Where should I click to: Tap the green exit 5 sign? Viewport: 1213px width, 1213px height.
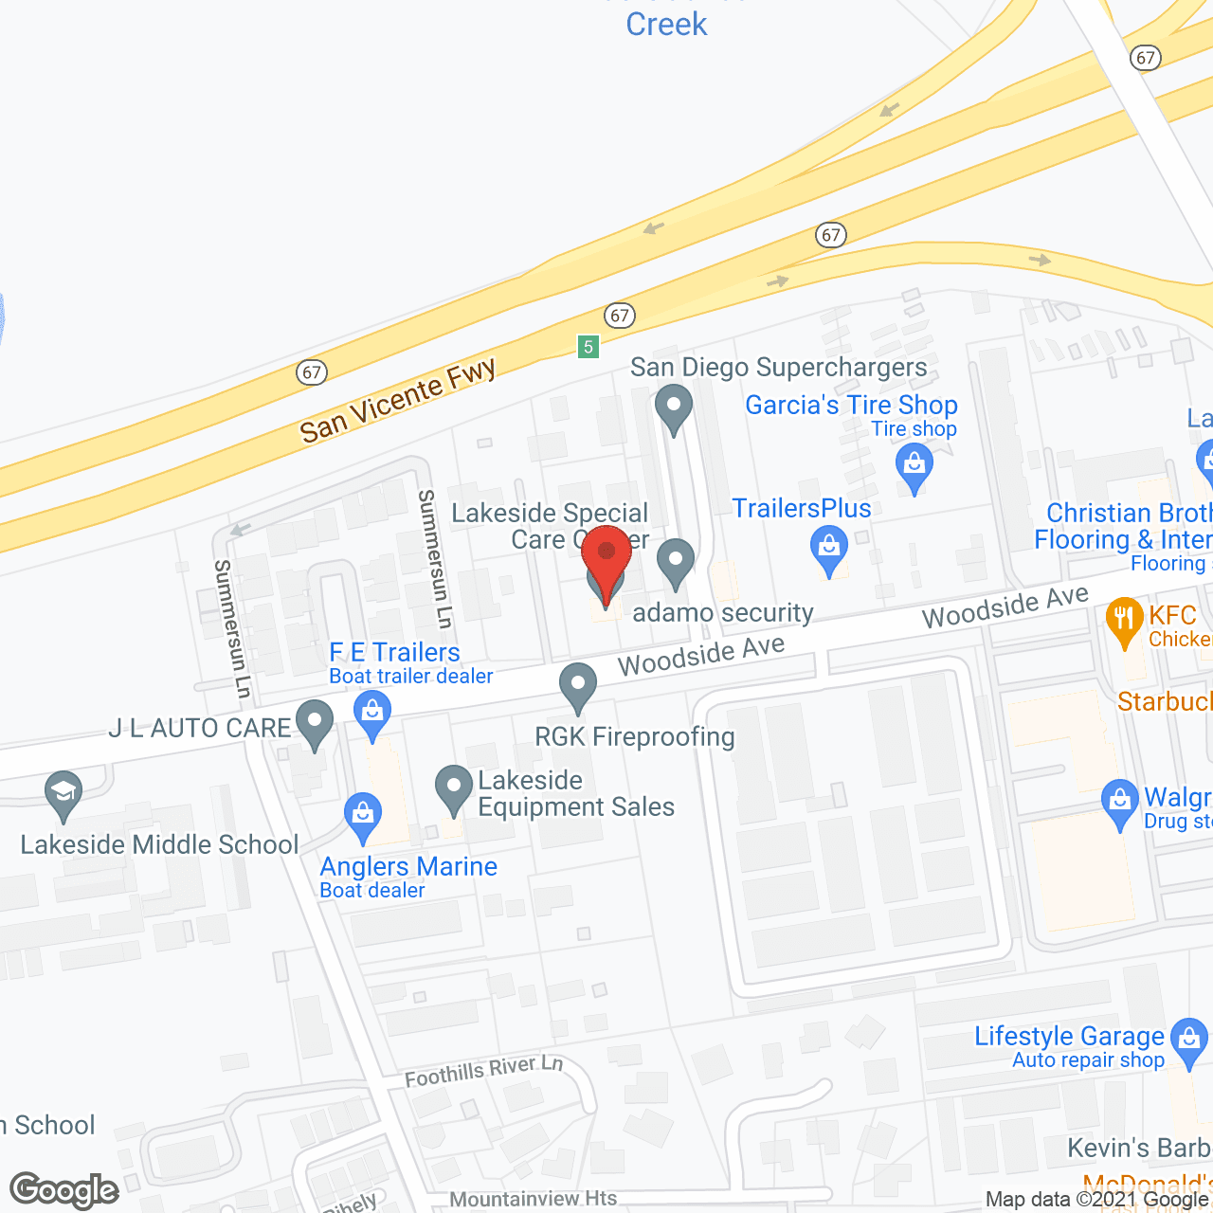[x=588, y=347]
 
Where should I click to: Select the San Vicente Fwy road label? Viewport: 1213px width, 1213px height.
[x=398, y=401]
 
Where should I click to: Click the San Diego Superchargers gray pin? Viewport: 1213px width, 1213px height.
[x=674, y=408]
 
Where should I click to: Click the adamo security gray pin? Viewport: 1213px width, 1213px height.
[x=676, y=563]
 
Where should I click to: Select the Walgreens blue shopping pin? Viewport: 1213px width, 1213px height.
[x=1120, y=804]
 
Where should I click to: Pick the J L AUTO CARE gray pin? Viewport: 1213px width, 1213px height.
[x=315, y=724]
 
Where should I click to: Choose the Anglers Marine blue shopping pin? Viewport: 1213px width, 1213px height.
[x=363, y=817]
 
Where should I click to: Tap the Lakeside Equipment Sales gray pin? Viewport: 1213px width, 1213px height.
[x=454, y=789]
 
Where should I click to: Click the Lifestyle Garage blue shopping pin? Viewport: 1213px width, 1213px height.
[x=1188, y=1041]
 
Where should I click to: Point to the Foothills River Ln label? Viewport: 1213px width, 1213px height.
[x=483, y=1071]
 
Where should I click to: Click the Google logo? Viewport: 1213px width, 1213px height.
[x=64, y=1190]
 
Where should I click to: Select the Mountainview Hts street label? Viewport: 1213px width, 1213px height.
[x=533, y=1199]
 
